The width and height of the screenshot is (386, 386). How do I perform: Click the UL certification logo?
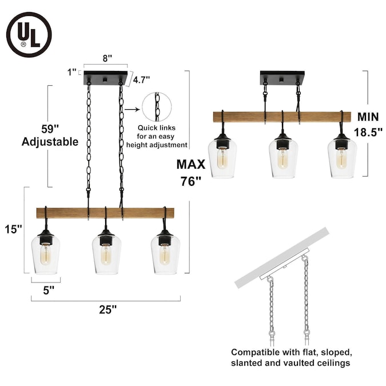click(29, 35)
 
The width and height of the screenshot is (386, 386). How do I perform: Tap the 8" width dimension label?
click(107, 58)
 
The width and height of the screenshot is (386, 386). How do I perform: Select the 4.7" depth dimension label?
click(142, 79)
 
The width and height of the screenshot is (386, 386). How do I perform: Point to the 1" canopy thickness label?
click(72, 72)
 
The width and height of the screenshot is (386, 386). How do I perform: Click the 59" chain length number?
click(50, 129)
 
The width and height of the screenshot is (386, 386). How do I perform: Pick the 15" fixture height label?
click(13, 229)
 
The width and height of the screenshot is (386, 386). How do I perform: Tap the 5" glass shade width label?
click(49, 291)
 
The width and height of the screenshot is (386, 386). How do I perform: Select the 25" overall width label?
click(108, 309)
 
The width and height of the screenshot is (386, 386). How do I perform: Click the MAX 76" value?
click(191, 181)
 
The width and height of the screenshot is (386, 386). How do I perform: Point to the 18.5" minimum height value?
click(368, 132)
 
